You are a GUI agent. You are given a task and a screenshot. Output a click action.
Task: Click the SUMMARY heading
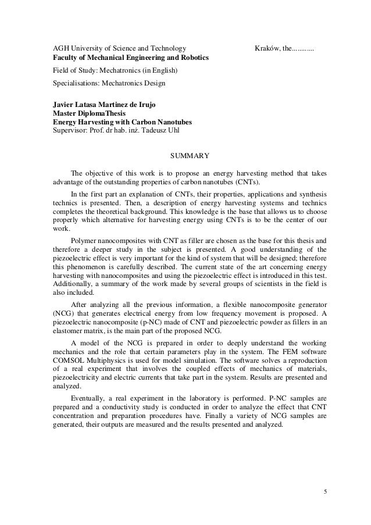click(185, 156)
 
